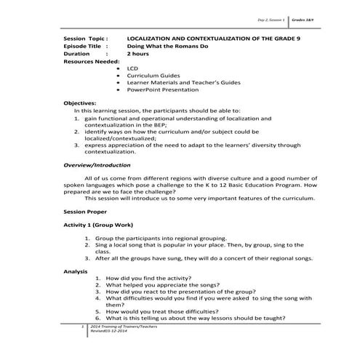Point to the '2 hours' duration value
137,54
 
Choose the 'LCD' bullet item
132,68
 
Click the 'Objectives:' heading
80,103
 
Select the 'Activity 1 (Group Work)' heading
101,226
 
